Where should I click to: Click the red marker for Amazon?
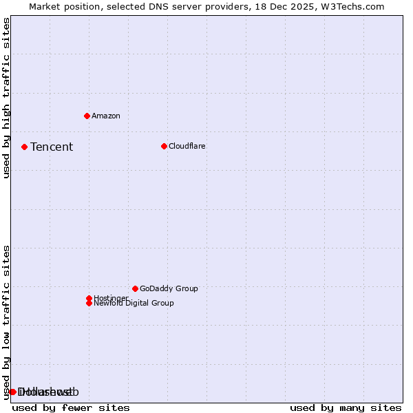[x=87, y=116]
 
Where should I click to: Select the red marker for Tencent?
[x=24, y=147]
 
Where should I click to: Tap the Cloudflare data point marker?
[x=164, y=146]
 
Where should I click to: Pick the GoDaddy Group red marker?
[x=135, y=288]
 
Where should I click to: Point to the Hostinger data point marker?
[x=89, y=298]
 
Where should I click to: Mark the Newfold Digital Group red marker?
[x=89, y=303]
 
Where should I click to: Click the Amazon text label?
[x=106, y=116]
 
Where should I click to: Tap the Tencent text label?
[x=52, y=147]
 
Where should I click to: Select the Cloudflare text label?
[x=187, y=146]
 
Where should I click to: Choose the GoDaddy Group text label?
[x=169, y=288]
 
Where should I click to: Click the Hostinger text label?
[x=111, y=298]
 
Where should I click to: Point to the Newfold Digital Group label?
[x=134, y=303]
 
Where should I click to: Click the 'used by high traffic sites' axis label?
[x=7, y=98]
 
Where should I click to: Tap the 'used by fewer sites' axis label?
[x=71, y=407]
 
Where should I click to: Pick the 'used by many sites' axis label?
[x=346, y=407]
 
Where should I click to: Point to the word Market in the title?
[x=45, y=6]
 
